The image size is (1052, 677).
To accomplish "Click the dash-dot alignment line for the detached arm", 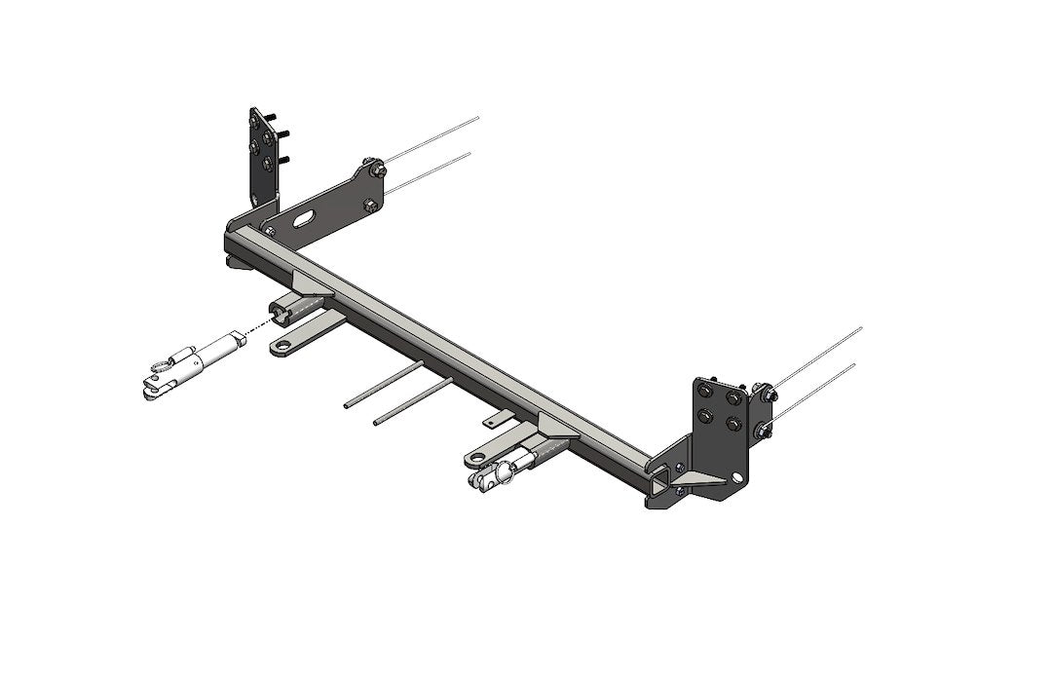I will pos(255,326).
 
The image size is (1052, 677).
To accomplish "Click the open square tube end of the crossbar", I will pos(662,478).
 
